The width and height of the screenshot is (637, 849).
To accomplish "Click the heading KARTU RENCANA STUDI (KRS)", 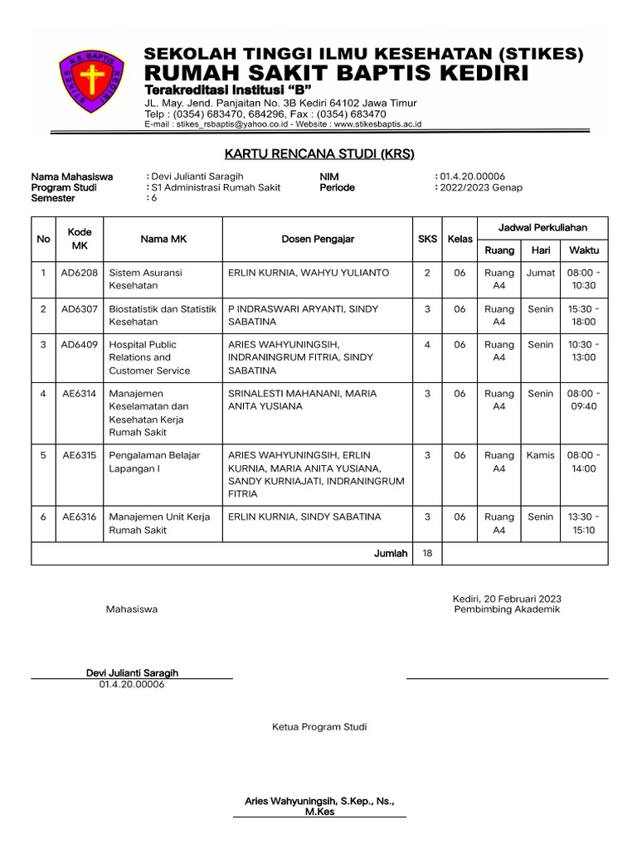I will pos(319,154).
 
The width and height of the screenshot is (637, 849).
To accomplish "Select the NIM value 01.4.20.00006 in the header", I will pos(472,177).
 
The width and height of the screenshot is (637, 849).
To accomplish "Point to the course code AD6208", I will pos(80,273).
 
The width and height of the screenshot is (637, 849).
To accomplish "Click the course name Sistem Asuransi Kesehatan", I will pos(146,279).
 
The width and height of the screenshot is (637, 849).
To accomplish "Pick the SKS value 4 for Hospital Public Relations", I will pos(427,345).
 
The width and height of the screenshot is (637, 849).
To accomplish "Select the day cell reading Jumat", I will pos(541,273).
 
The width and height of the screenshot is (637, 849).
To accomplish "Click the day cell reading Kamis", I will pos(541,455).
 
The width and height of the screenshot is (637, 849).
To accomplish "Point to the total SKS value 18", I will pos(427,553).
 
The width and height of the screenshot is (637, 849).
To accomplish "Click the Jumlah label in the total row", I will pos(391,553).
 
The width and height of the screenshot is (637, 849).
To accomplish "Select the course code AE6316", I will pos(80,517).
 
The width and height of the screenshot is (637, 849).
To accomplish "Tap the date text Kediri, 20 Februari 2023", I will pos(507,598).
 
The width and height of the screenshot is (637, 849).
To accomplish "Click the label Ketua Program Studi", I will pos(319,727).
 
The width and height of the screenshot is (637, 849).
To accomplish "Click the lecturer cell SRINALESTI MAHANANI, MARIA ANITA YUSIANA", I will pos(302,400).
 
